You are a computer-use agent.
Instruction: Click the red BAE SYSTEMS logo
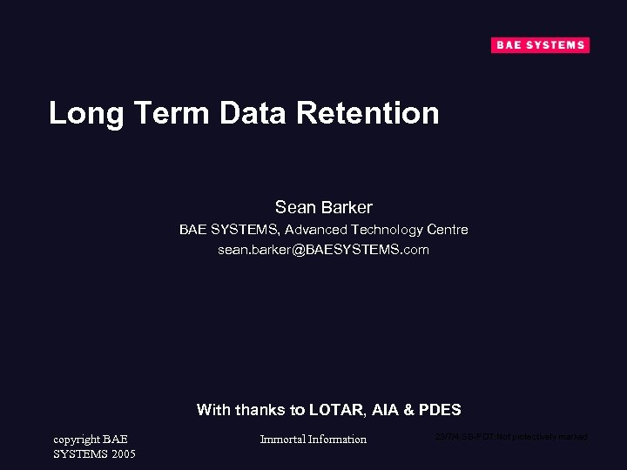540,45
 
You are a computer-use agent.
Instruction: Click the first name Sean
294,207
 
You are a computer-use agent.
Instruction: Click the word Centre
448,230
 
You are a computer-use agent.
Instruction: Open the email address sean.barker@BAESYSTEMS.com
323,250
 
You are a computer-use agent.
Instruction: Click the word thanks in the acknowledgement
264,410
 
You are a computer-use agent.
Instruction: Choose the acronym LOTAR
340,410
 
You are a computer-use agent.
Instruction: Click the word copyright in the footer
77,440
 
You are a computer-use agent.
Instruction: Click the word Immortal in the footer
282,440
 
